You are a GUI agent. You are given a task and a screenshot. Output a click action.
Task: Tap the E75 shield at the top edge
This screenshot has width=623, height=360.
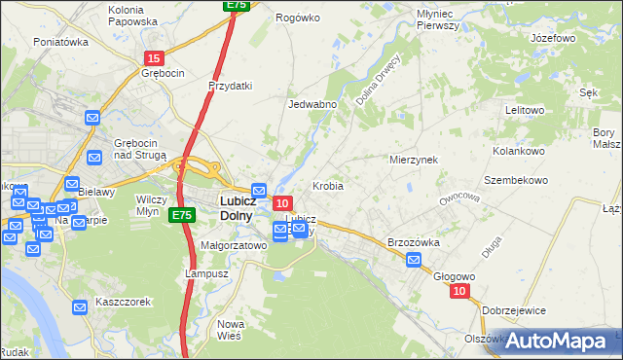(x=237, y=5)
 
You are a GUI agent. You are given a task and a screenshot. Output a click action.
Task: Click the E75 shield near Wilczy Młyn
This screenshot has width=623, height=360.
(x=180, y=214)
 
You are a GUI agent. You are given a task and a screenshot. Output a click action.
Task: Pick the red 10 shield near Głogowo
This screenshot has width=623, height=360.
(x=460, y=291)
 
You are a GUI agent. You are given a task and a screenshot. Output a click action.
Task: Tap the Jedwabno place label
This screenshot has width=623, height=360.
(x=312, y=104)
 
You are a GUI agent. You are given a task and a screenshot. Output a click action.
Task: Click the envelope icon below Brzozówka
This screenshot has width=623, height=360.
(x=414, y=260)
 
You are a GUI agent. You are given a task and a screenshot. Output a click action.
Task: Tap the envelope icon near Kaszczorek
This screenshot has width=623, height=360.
(x=81, y=307)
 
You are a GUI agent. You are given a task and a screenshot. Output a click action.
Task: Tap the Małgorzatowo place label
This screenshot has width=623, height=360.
(x=234, y=246)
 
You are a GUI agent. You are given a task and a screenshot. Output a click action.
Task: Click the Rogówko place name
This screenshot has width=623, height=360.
(x=298, y=18)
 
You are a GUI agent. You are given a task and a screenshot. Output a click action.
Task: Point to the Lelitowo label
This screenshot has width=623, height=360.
(x=524, y=110)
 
